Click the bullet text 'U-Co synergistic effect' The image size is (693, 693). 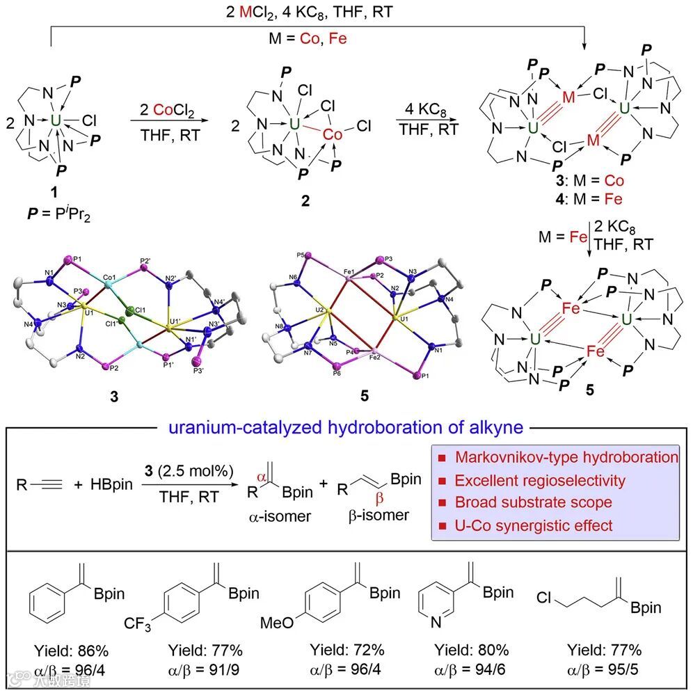coord(533,525)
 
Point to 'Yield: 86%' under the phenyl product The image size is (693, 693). coord(71,651)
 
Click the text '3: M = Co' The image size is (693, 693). coord(586,180)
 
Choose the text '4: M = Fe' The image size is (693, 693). coord(586,198)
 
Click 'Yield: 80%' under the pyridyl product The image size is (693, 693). coord(472,651)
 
